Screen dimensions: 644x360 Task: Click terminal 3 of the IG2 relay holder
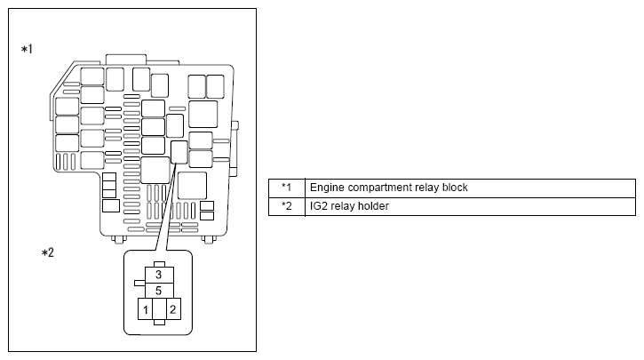coord(159,275)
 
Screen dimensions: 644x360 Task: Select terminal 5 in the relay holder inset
coord(159,291)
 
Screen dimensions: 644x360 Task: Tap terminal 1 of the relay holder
coord(145,309)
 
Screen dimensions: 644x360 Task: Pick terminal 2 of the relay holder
coord(173,309)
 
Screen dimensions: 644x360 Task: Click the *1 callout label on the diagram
coord(28,49)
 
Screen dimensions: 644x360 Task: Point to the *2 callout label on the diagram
coord(48,252)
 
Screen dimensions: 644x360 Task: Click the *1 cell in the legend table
coord(287,188)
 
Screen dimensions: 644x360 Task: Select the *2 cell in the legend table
coord(287,206)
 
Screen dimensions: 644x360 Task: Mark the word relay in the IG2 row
coord(344,206)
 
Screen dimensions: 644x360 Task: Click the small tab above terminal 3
coord(159,265)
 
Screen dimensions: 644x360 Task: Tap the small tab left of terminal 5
coord(139,284)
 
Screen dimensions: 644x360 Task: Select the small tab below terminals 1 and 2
coord(159,322)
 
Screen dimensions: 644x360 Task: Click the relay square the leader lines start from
coord(179,152)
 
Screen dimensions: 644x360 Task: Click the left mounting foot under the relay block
coord(119,239)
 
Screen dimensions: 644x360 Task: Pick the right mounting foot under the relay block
coord(209,239)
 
